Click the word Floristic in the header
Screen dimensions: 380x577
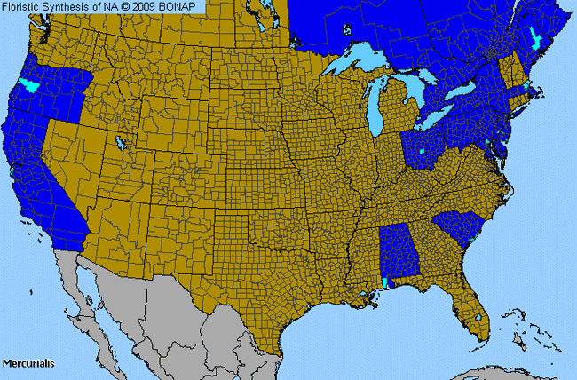pos(26,7)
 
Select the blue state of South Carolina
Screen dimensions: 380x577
pos(461,230)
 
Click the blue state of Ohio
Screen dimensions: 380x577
pos(425,146)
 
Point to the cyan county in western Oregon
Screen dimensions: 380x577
pos(28,86)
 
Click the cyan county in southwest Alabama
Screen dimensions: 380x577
pos(384,282)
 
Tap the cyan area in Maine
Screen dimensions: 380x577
pos(535,37)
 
